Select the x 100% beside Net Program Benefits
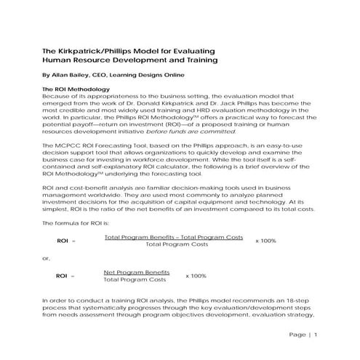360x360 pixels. pos(196,276)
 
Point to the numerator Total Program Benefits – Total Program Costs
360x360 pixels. pos(174,237)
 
